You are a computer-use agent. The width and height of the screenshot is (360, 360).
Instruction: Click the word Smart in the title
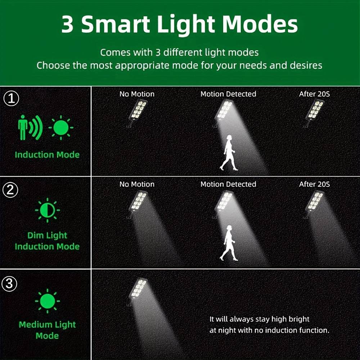tap(116, 24)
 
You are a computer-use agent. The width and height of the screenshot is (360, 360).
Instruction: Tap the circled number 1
tap(11, 98)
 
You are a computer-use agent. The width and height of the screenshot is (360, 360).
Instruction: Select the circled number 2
tap(10, 190)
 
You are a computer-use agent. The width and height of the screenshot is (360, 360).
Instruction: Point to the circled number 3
tap(9, 284)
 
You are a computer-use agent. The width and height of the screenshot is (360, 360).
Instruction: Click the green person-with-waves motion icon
tap(30, 127)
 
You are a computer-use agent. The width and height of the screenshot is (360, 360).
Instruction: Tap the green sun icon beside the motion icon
tap(61, 128)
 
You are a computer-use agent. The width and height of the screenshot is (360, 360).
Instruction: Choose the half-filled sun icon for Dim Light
tap(47, 210)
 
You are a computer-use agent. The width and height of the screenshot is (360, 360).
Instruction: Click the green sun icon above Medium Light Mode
tap(47, 301)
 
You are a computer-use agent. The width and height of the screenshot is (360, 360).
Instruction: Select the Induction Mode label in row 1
tap(47, 155)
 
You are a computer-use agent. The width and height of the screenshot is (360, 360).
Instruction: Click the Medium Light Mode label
tap(47, 330)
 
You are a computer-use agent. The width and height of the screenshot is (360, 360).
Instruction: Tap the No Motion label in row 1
tap(137, 94)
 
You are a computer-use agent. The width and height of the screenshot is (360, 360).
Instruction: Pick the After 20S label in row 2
tap(314, 184)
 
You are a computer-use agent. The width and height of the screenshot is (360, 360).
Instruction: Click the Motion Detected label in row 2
tap(228, 184)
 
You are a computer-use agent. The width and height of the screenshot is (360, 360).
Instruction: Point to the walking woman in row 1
tap(229, 153)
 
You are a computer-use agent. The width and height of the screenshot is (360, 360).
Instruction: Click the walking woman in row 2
tap(229, 243)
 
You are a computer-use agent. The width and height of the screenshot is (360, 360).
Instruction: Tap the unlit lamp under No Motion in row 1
tap(137, 112)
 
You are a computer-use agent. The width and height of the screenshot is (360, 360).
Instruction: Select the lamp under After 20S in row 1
tap(314, 112)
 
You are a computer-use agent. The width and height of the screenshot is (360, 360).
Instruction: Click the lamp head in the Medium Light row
tap(138, 289)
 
